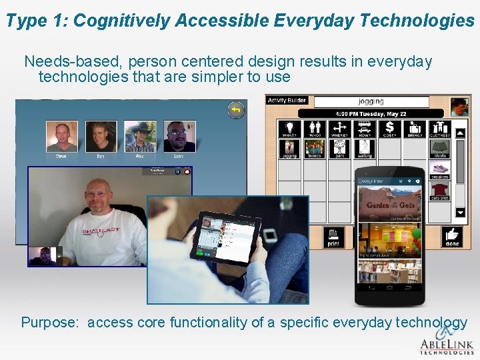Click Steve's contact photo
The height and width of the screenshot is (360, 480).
[x=61, y=136]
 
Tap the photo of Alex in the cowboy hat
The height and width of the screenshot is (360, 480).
[x=140, y=136]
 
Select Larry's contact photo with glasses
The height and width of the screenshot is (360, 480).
[x=179, y=136]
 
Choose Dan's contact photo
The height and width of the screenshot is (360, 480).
[x=101, y=136]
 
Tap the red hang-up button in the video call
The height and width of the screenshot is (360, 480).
[x=187, y=171]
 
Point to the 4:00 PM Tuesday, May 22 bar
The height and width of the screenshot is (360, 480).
[x=371, y=113]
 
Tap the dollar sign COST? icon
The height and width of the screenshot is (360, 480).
[x=389, y=129]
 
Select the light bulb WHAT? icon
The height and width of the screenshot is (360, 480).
[x=289, y=129]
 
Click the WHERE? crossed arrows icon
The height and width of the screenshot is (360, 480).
[x=339, y=129]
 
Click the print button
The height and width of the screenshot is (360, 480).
[x=333, y=237]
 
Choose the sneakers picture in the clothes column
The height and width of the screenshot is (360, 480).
[x=440, y=170]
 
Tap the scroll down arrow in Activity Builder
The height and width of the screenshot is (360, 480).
[x=460, y=213]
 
